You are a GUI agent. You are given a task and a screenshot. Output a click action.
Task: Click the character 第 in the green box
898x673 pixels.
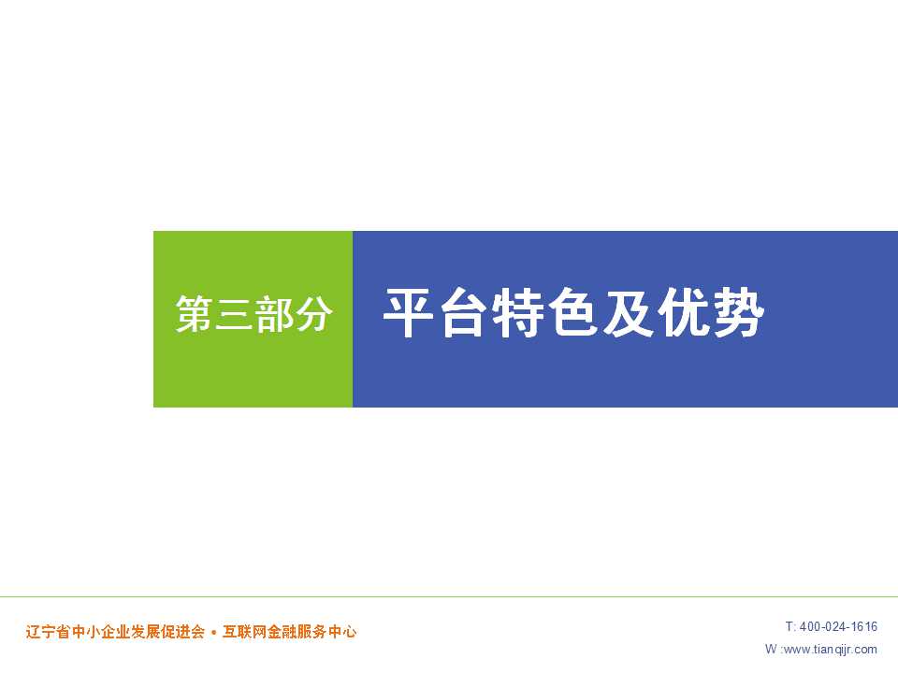pyautogui.click(x=195, y=314)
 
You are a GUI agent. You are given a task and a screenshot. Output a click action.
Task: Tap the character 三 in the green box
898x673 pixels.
pyautogui.click(x=234, y=314)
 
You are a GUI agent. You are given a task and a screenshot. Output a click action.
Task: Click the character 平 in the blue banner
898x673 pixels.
pyautogui.click(x=408, y=313)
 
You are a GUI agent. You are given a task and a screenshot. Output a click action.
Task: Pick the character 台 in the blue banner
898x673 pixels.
pyautogui.click(x=463, y=313)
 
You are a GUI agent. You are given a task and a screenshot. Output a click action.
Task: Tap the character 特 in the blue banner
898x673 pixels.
pyautogui.click(x=517, y=313)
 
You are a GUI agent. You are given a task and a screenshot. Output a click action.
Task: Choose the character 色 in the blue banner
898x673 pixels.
pyautogui.click(x=572, y=313)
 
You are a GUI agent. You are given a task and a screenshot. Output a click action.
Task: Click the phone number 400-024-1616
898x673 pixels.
pyautogui.click(x=838, y=626)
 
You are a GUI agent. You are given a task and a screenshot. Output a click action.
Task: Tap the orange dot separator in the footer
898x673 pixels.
pyautogui.click(x=213, y=633)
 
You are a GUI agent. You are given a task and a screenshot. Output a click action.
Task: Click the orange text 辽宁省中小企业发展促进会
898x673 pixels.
pyautogui.click(x=115, y=632)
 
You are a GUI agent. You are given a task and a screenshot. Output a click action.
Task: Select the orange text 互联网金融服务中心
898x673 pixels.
pyautogui.click(x=289, y=632)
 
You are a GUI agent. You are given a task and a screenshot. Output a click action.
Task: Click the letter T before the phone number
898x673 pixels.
pyautogui.click(x=789, y=626)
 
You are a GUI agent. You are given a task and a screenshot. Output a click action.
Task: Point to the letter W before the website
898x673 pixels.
pyautogui.click(x=771, y=649)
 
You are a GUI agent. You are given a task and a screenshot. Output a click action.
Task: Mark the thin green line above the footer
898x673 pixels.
pyautogui.click(x=449, y=597)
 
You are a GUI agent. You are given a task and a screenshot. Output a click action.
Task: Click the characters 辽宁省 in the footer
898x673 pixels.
pyautogui.click(x=48, y=632)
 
